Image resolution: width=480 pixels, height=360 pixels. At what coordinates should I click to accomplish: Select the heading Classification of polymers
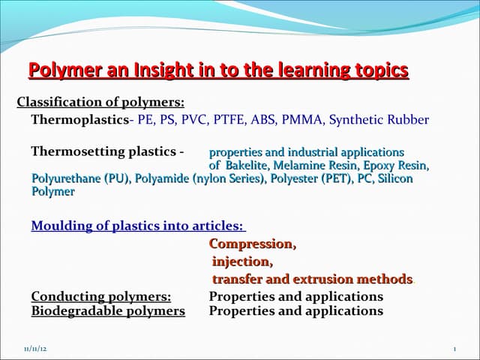click(100, 102)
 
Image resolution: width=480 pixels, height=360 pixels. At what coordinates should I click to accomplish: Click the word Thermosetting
click(69, 151)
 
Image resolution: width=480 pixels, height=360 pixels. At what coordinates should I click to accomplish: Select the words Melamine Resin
click(312, 166)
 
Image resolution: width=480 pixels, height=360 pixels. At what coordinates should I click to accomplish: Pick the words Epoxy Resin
click(393, 166)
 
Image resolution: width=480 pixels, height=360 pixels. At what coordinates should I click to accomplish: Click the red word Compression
click(252, 244)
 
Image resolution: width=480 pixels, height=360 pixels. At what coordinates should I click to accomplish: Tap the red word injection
click(241, 262)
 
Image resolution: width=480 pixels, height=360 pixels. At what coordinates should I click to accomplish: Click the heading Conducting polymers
click(100, 296)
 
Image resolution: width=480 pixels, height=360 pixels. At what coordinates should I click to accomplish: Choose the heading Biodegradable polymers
click(107, 310)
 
